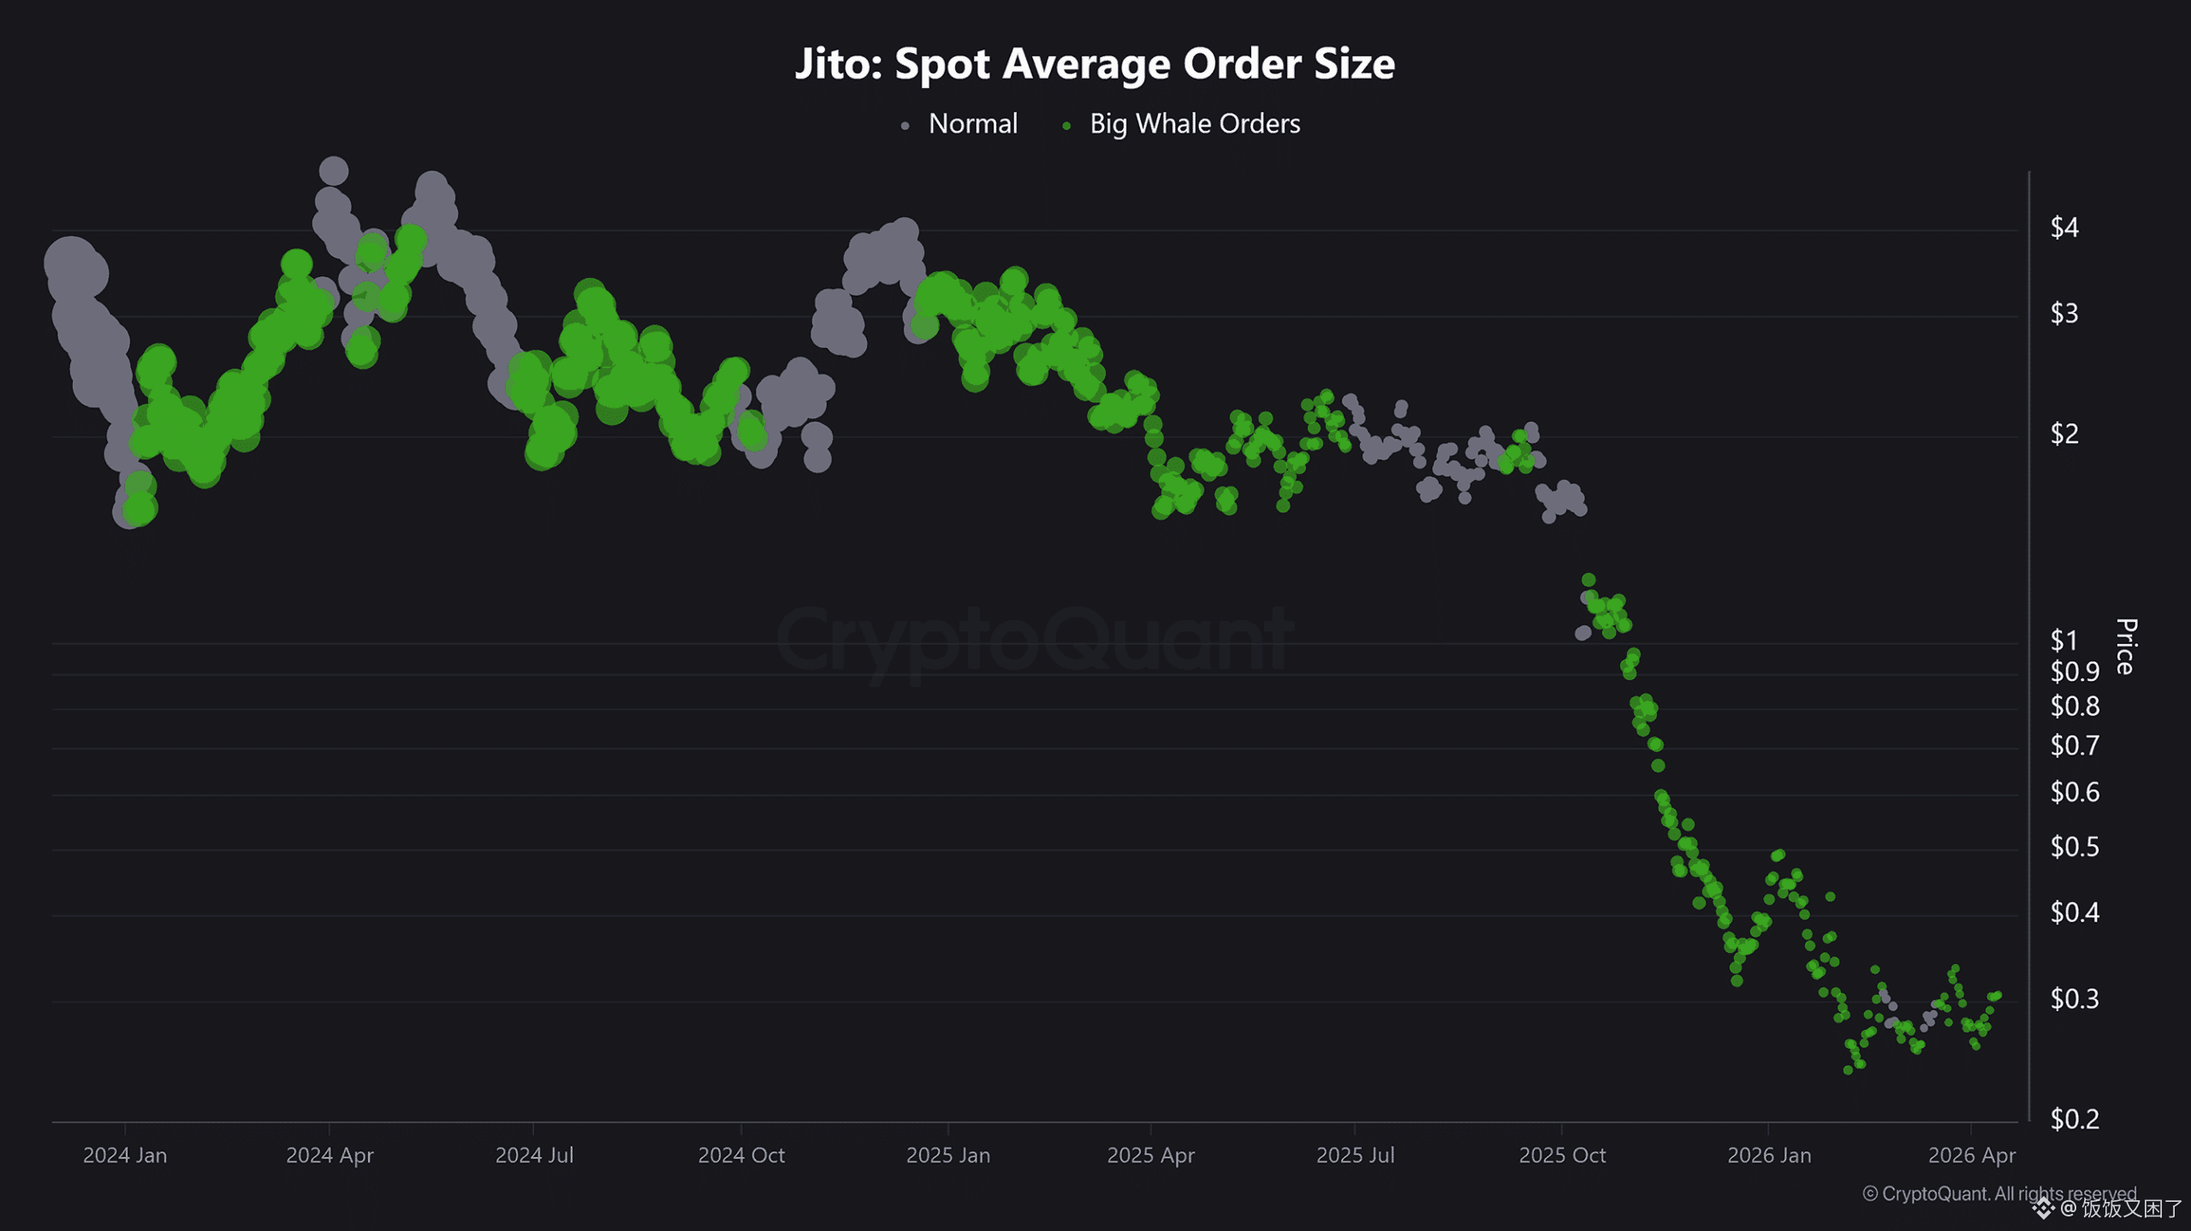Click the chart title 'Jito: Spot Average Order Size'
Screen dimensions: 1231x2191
pyautogui.click(x=1095, y=64)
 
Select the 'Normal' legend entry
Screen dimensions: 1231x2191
pyautogui.click(x=972, y=124)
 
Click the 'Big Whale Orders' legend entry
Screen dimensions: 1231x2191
pyautogui.click(x=1194, y=124)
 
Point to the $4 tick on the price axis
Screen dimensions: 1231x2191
pyautogui.click(x=2063, y=228)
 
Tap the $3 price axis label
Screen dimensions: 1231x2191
pyautogui.click(x=2063, y=314)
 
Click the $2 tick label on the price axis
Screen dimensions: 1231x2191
pyautogui.click(x=2063, y=435)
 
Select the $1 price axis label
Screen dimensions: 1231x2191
pyautogui.click(x=2063, y=640)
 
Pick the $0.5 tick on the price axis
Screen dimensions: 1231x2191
pyautogui.click(x=2074, y=847)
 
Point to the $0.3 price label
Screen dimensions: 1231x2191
pyautogui.click(x=2074, y=998)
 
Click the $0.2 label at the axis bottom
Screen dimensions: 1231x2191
pyautogui.click(x=2074, y=1119)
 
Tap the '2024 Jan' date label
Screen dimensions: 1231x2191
pyautogui.click(x=125, y=1156)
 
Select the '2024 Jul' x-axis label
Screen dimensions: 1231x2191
pyautogui.click(x=534, y=1156)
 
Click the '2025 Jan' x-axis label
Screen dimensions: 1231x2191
pyautogui.click(x=947, y=1156)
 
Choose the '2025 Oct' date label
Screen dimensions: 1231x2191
pyautogui.click(x=1562, y=1156)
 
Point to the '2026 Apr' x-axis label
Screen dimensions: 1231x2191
pyautogui.click(x=1971, y=1156)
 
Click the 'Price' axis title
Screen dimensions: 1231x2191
pyautogui.click(x=2126, y=647)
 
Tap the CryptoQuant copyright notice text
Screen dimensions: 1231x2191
pyautogui.click(x=1998, y=1193)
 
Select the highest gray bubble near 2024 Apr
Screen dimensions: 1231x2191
pyautogui.click(x=333, y=171)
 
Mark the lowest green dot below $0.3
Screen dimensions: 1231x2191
pyautogui.click(x=1848, y=1070)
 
